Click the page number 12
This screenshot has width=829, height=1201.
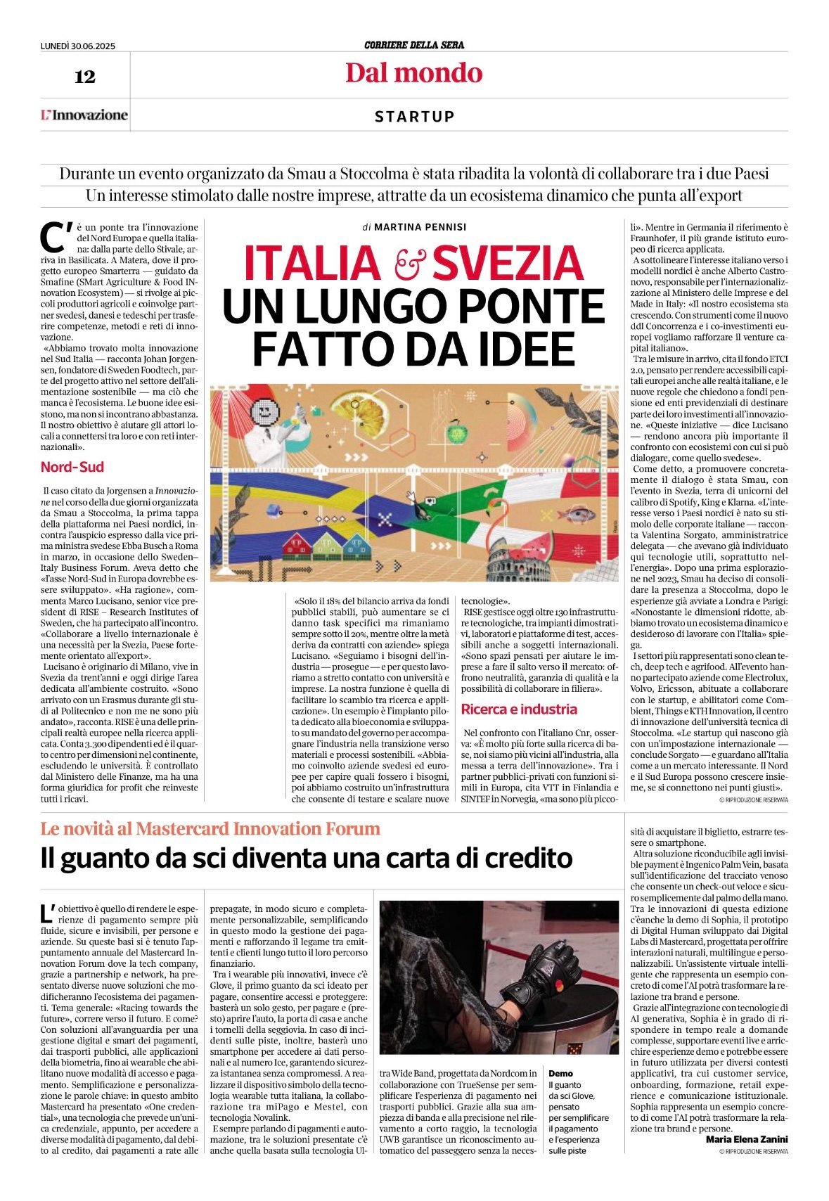[x=84, y=77]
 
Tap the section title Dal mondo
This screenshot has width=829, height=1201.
[x=413, y=73]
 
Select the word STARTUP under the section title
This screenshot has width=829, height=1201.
[x=414, y=117]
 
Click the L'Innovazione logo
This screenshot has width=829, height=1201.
[x=84, y=115]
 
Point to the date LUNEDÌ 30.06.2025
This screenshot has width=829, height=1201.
[x=77, y=46]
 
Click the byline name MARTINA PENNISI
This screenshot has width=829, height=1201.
[x=420, y=227]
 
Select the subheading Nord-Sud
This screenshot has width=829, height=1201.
[x=72, y=467]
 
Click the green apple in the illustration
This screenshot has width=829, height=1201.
[x=458, y=425]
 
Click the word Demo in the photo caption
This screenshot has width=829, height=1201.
[x=560, y=1074]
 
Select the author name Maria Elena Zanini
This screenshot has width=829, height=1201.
[x=747, y=1139]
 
